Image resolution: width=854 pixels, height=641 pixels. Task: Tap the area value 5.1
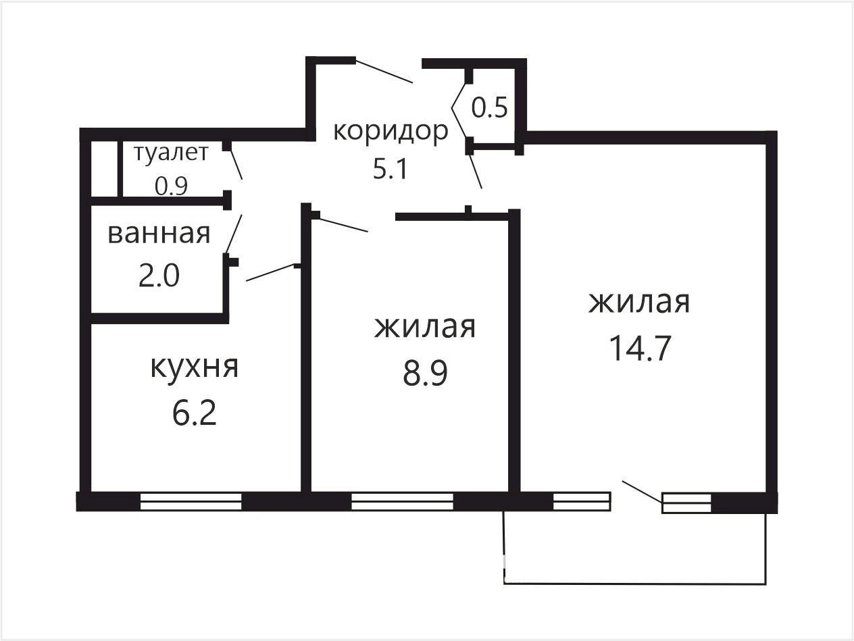click(x=390, y=169)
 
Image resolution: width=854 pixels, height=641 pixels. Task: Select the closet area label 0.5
click(x=489, y=107)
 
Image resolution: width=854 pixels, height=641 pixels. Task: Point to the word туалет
click(x=171, y=153)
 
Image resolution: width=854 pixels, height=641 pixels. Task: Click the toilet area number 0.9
click(x=171, y=186)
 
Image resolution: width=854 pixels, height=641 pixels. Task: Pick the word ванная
click(x=159, y=234)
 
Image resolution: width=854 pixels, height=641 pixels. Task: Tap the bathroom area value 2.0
click(x=159, y=276)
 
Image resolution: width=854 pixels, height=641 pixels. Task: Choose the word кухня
click(x=194, y=367)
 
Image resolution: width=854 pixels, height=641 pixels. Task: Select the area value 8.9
click(x=425, y=373)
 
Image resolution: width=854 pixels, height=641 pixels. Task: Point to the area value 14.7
click(x=640, y=349)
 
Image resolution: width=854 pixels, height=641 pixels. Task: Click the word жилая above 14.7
click(x=639, y=303)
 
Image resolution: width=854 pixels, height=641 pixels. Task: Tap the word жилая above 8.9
click(x=425, y=328)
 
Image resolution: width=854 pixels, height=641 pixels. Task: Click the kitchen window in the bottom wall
click(x=191, y=502)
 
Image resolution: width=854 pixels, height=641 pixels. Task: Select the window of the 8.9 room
click(x=402, y=502)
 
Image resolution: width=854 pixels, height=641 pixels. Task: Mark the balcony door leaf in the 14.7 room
click(x=642, y=492)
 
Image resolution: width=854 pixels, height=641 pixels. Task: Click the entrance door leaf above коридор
click(x=384, y=71)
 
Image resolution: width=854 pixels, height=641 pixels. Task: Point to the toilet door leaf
click(x=236, y=165)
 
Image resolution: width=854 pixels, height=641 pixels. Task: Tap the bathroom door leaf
click(x=234, y=234)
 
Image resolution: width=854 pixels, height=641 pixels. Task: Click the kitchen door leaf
click(x=270, y=273)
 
